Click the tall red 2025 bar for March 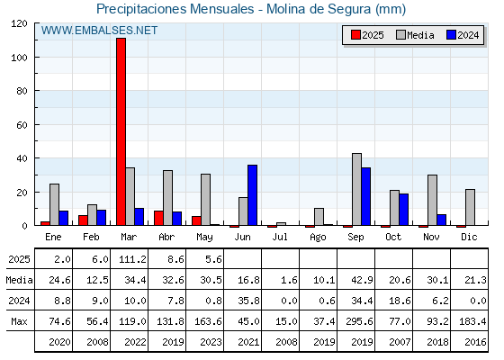pos(121,131)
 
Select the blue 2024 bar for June pos(252,195)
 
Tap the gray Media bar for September pos(356,189)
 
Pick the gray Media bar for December pos(470,207)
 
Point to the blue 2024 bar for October pos(404,210)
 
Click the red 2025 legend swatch pos(355,35)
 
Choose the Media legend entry pos(415,35)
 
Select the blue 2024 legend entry pos(463,35)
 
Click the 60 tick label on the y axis pos(22,125)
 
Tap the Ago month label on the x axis pos(318,238)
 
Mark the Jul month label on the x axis pos(280,237)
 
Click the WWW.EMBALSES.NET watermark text pos(99,31)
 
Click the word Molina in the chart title pos(286,9)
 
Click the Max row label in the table pos(19,321)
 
